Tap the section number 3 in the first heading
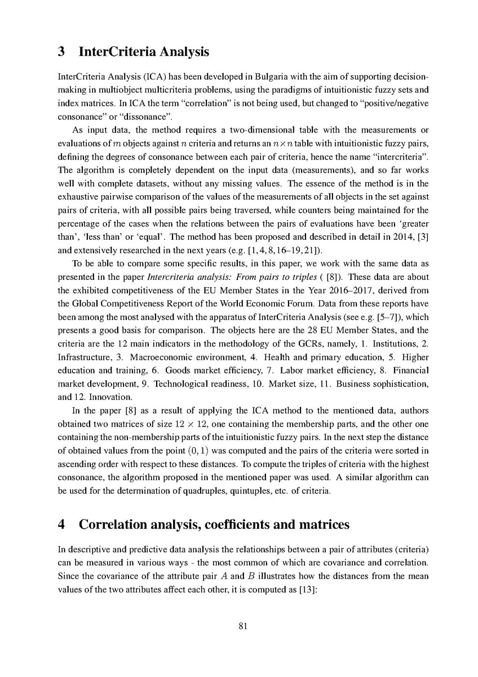click(x=63, y=52)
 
